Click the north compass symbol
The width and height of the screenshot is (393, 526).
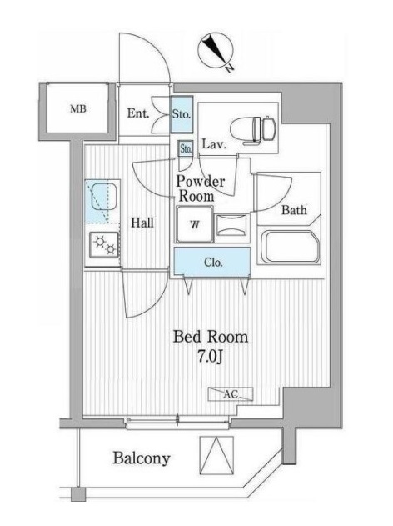pos(216,52)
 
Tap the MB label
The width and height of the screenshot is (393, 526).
pos(77,109)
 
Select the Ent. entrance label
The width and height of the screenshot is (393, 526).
pos(138,113)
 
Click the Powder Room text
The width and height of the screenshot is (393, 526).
pos(200,188)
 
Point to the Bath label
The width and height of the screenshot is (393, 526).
pos(293,210)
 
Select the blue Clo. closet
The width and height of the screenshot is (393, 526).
pos(211,263)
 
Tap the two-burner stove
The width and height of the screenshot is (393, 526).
pos(104,244)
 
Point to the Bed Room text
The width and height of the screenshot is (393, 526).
pos(210,338)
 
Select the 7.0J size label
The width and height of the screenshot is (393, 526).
pos(211,358)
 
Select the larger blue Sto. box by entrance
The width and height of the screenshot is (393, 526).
pos(182,114)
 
